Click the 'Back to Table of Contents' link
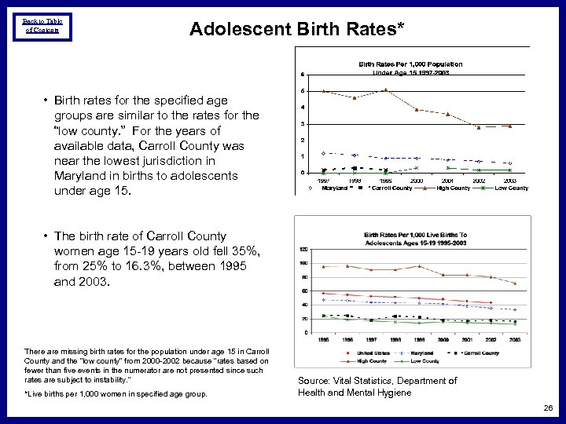tap(42, 25)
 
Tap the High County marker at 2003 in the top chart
tap(509, 126)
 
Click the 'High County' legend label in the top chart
tap(454, 188)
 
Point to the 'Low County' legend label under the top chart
tap(512, 188)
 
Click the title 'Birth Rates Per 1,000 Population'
tap(410, 64)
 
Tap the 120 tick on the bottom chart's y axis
tap(303, 250)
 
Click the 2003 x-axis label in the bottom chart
tap(515, 339)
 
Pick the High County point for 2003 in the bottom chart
tap(515, 283)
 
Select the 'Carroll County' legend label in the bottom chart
tap(480, 353)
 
